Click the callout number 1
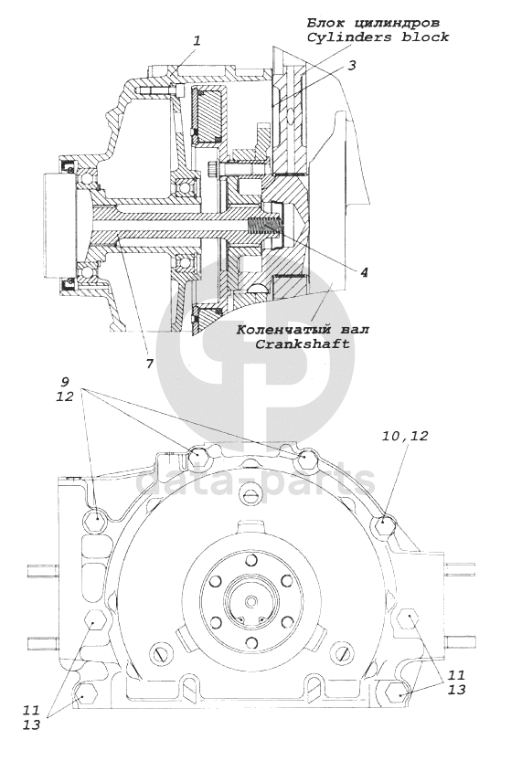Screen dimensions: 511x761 [197, 41]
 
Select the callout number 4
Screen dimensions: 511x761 [363, 272]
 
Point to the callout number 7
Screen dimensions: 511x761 [150, 364]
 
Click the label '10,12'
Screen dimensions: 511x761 [405, 436]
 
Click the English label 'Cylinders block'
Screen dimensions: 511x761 [378, 37]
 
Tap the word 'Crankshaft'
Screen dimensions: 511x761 [303, 344]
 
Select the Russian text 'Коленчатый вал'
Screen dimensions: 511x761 [303, 330]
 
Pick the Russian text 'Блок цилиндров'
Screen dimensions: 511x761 [373, 23]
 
